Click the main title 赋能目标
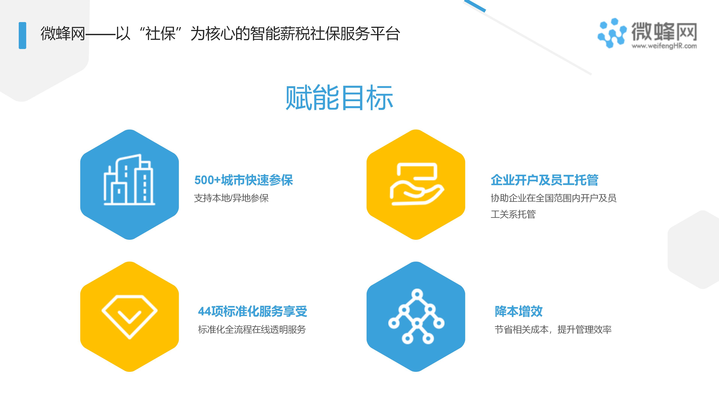(x=339, y=98)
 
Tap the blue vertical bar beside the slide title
(x=22, y=35)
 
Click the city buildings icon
(x=129, y=180)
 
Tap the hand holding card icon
(x=416, y=184)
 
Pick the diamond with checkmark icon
(x=130, y=316)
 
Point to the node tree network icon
(x=416, y=316)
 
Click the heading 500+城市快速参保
(x=244, y=180)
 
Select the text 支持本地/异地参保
(x=231, y=198)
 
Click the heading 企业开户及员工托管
(x=544, y=180)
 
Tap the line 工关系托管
(x=513, y=214)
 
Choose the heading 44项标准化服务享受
(x=253, y=311)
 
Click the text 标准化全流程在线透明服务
(x=252, y=330)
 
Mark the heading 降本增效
(x=519, y=311)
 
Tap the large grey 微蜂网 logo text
(x=664, y=31)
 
